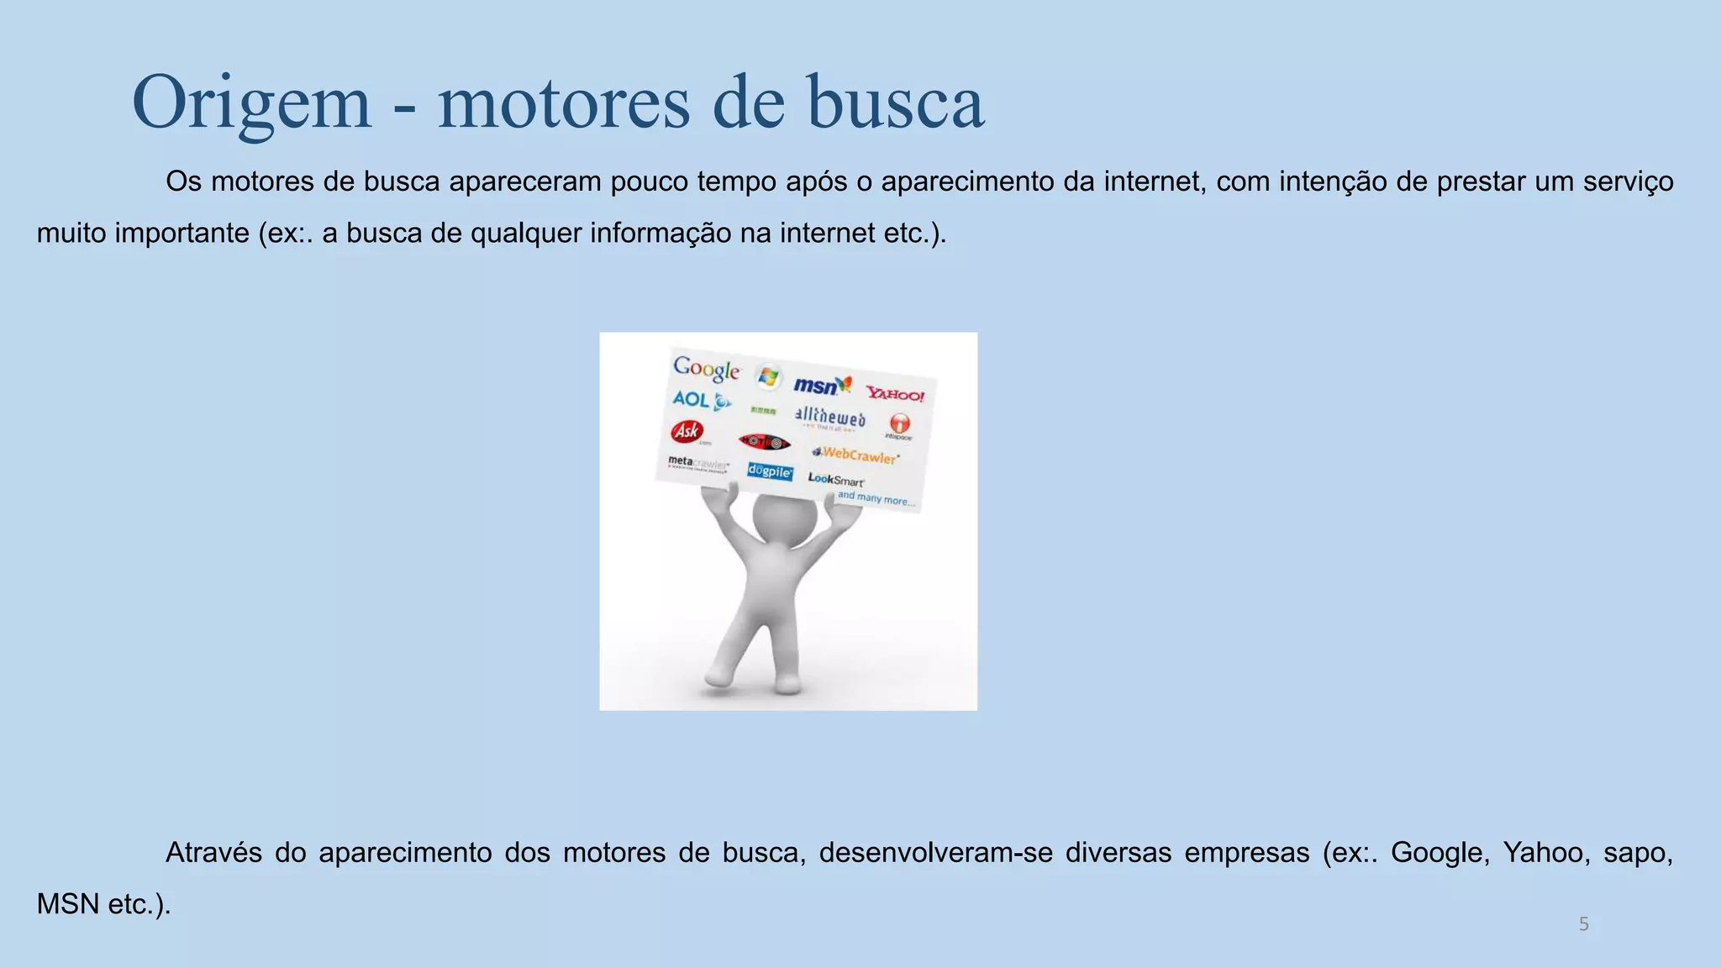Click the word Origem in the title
coord(251,103)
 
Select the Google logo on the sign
coord(706,369)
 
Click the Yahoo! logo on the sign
coord(895,394)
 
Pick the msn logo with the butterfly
coord(822,386)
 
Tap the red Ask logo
coord(687,432)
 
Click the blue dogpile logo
coord(770,471)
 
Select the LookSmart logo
coord(835,480)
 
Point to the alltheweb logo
coord(829,417)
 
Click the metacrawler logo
coord(697,463)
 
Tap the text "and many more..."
coord(876,498)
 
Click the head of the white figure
coord(783,518)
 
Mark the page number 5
coord(1583,924)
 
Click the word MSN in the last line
coord(68,904)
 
